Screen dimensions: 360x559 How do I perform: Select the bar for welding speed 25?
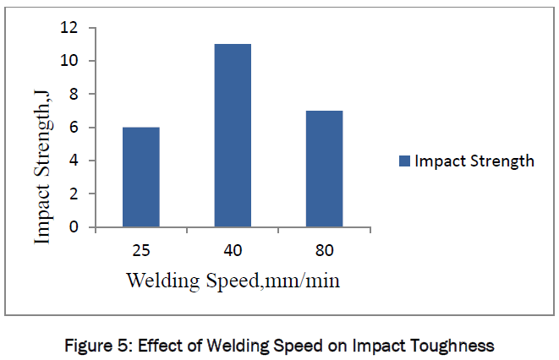coord(141,177)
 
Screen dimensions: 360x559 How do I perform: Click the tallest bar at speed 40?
coord(233,135)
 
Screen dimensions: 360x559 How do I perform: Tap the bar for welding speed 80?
coord(325,169)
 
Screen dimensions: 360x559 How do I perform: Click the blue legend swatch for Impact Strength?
coord(404,161)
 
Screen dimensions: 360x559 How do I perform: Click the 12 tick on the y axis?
coord(69,28)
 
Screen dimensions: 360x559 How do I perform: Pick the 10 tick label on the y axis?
coord(69,61)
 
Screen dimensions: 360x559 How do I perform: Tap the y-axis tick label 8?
coord(73,95)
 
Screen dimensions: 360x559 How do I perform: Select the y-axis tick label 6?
coord(73,128)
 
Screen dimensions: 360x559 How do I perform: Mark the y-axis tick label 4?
coord(73,161)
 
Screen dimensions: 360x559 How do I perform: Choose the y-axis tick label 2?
coord(73,194)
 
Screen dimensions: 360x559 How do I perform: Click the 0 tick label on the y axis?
coord(73,226)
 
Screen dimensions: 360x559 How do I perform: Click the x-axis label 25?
coord(140,250)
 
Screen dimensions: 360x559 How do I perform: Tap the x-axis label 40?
coord(233,250)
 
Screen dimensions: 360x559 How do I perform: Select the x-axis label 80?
coord(325,250)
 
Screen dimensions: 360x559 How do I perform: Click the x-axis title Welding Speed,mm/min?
coord(233,280)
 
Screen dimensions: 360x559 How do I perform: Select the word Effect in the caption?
coord(162,345)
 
